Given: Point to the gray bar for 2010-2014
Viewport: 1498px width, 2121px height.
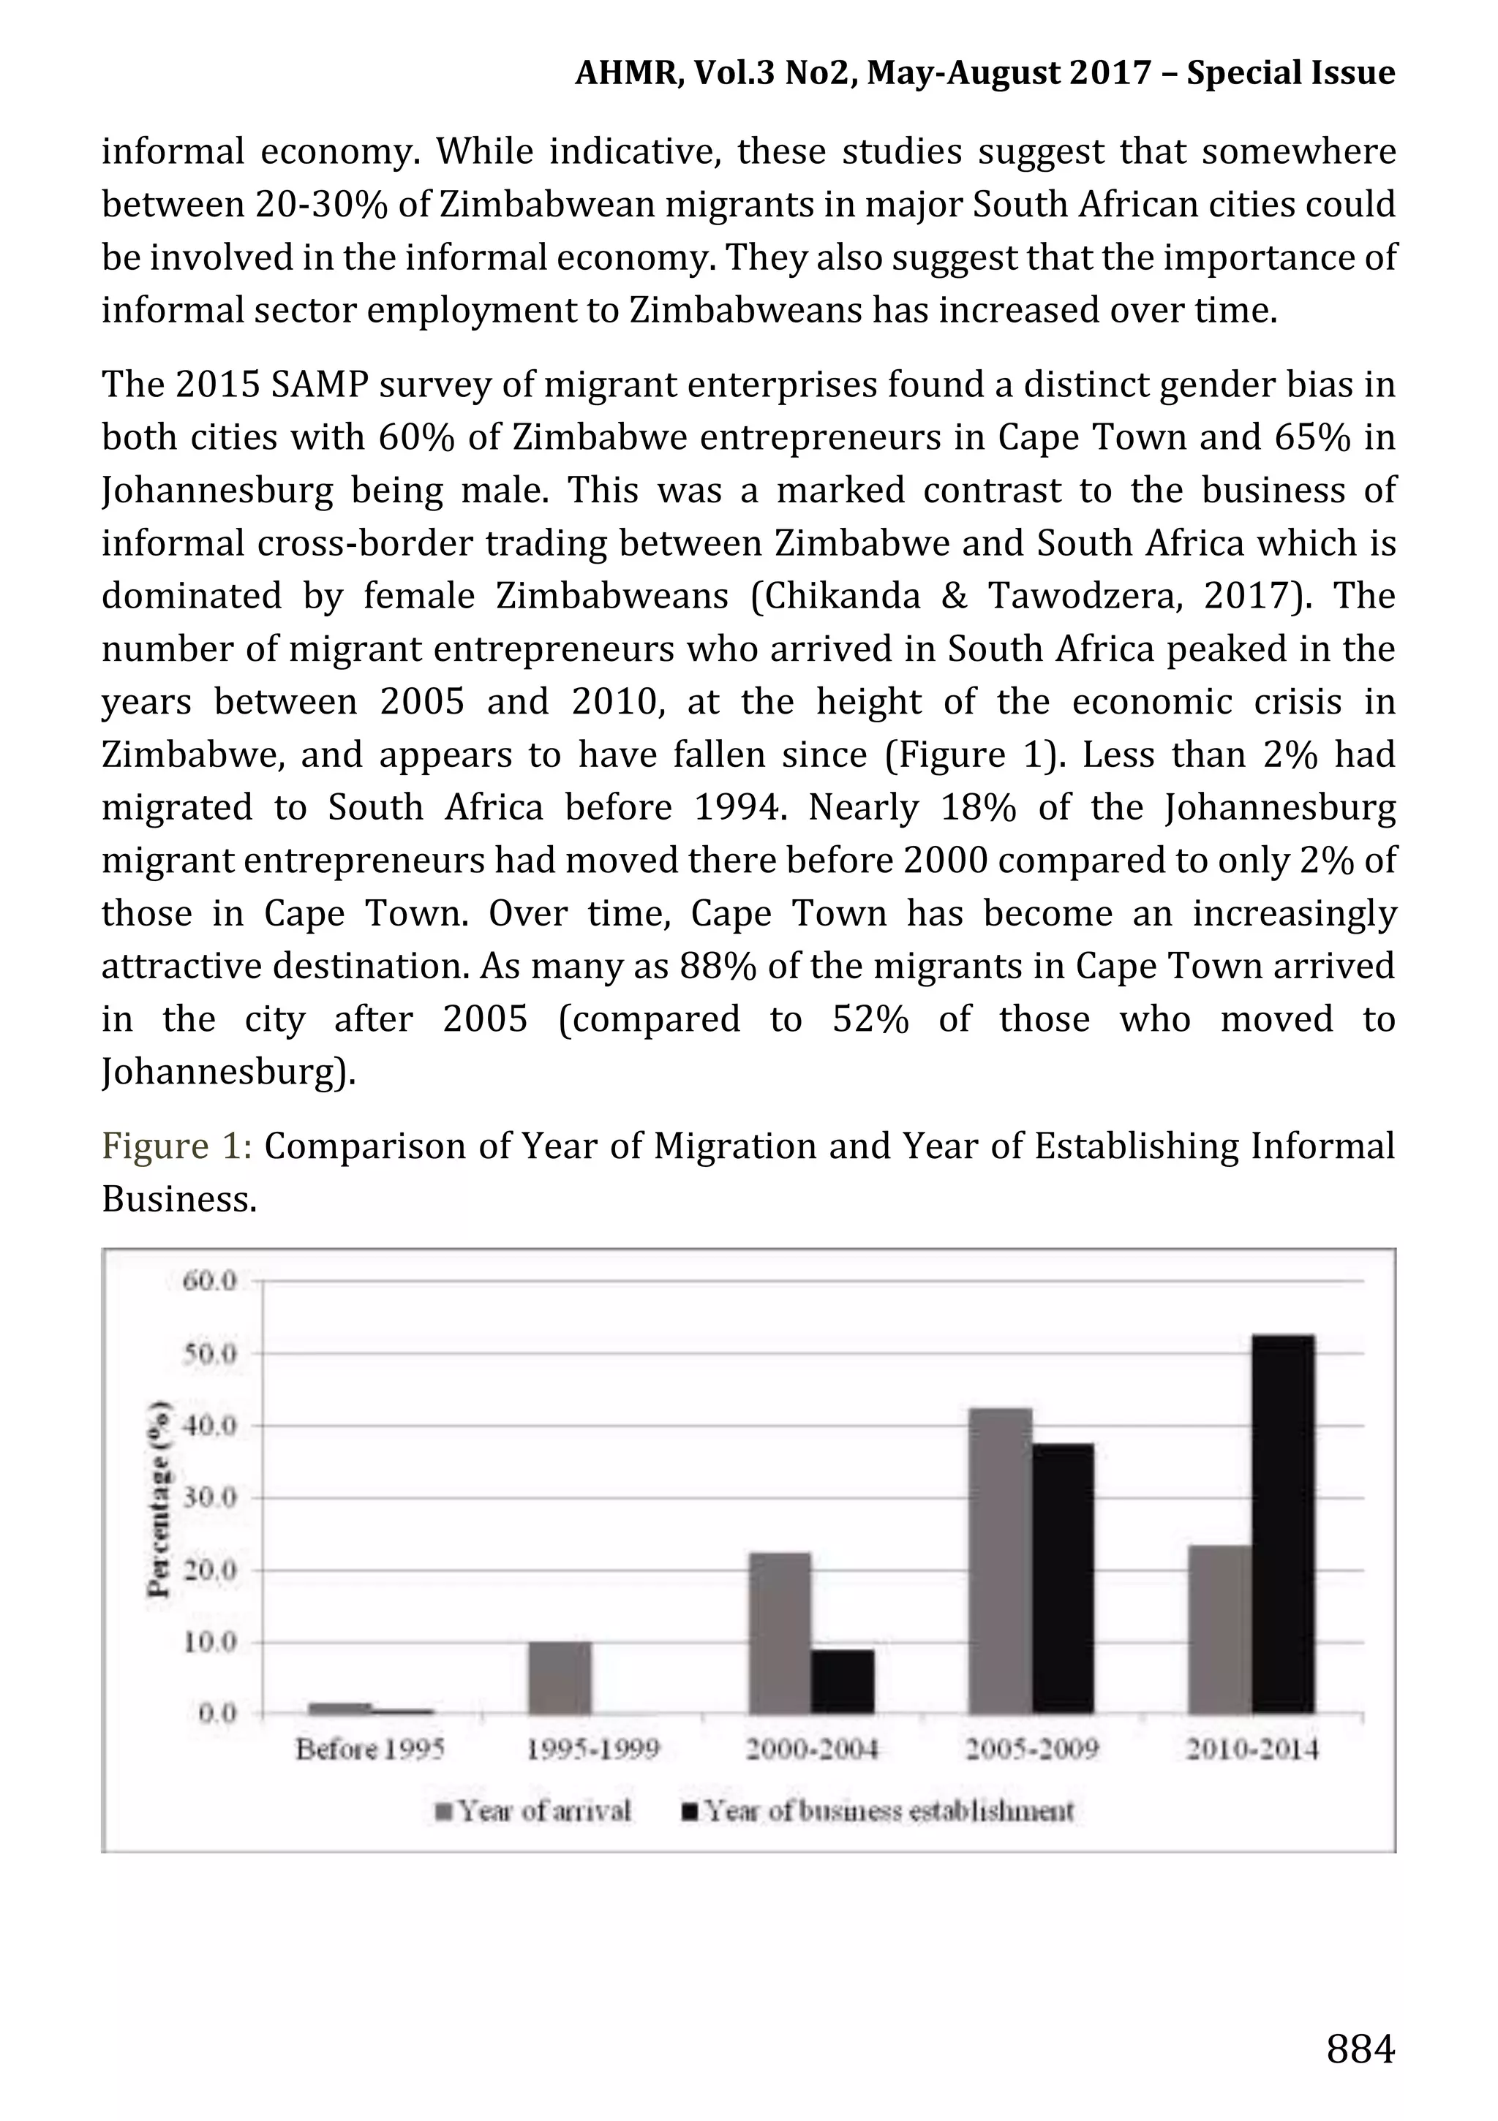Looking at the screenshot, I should [1220, 1630].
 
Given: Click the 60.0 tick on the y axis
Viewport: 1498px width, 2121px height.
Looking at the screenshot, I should [211, 1281].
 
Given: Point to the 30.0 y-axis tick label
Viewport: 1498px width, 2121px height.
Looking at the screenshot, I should [211, 1497].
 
